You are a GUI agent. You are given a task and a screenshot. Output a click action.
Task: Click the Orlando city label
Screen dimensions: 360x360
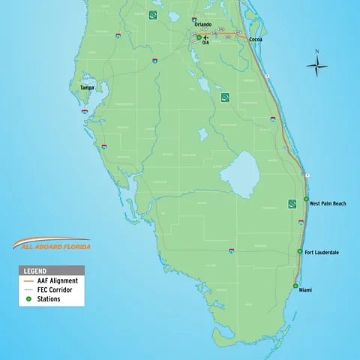tap(202, 25)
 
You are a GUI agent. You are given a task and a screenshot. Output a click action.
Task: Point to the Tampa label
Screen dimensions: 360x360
tap(88, 88)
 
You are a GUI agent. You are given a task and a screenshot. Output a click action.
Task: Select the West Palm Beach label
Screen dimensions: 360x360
tap(328, 203)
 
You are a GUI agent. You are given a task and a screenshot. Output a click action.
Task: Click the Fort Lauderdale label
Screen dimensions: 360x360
tap(322, 252)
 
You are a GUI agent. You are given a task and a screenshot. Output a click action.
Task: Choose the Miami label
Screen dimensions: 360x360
tap(305, 290)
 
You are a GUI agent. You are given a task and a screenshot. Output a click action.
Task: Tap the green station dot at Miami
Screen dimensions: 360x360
tap(295, 286)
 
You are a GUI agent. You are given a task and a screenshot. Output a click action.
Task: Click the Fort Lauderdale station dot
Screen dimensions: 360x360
tap(300, 251)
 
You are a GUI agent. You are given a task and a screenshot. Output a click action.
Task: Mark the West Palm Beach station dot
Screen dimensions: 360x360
tap(306, 199)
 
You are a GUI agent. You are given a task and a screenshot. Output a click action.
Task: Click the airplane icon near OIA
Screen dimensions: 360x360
tap(206, 37)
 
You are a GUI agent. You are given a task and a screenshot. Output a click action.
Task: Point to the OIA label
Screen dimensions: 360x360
tap(205, 43)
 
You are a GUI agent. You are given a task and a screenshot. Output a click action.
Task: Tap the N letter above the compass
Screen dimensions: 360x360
tap(316, 52)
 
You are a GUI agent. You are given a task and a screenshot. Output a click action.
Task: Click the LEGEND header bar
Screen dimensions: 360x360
tap(52, 270)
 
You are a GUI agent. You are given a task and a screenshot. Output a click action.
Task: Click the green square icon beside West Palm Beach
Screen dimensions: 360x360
tap(292, 204)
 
